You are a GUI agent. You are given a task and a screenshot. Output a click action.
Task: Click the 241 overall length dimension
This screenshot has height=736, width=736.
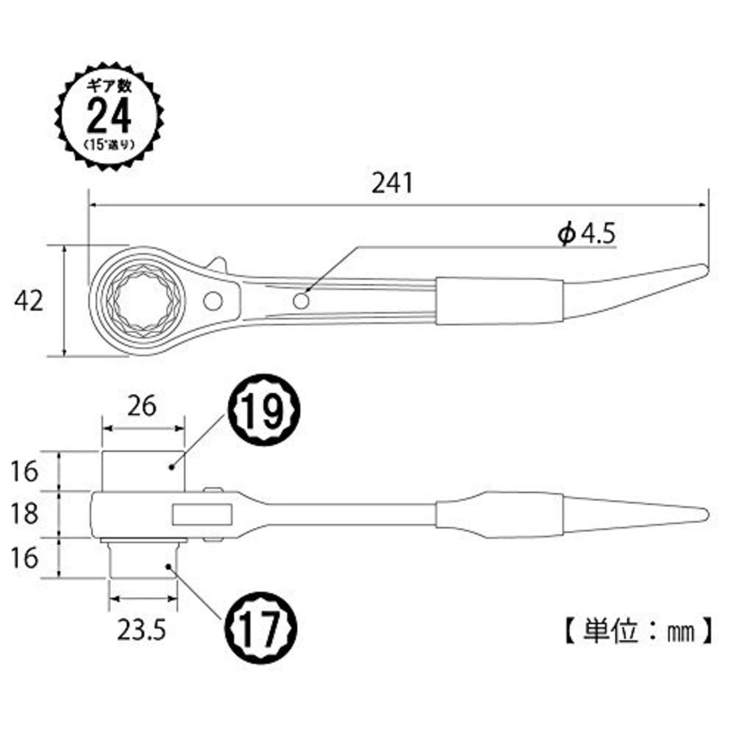pos(392,183)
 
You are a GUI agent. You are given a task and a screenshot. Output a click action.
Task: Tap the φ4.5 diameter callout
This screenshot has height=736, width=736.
pos(586,234)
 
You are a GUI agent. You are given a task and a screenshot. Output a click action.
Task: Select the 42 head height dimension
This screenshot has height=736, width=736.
pos(29,300)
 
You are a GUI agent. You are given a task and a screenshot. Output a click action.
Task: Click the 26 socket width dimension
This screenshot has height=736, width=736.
pos(141,406)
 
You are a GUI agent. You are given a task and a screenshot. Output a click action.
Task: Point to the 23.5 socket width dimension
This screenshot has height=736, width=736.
pos(141,631)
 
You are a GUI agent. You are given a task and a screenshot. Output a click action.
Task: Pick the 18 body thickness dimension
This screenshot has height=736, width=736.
pos(24,513)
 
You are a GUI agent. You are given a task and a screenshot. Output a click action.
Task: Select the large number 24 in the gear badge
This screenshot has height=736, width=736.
pos(109,116)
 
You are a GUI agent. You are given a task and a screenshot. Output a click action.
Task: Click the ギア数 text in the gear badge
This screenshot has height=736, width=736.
pos(109,86)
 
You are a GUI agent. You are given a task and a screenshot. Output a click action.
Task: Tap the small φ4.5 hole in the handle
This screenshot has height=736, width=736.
pos(301,300)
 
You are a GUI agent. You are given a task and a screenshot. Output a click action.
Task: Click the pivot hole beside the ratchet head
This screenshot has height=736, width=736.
pos(213,300)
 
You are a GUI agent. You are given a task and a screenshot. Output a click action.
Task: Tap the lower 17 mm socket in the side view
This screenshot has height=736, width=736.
pos(143,559)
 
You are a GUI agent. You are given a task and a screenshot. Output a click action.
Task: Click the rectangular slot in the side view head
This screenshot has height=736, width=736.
pos(202,514)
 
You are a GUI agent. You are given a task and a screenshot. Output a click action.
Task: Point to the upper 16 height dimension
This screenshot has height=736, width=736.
pos(24,471)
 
